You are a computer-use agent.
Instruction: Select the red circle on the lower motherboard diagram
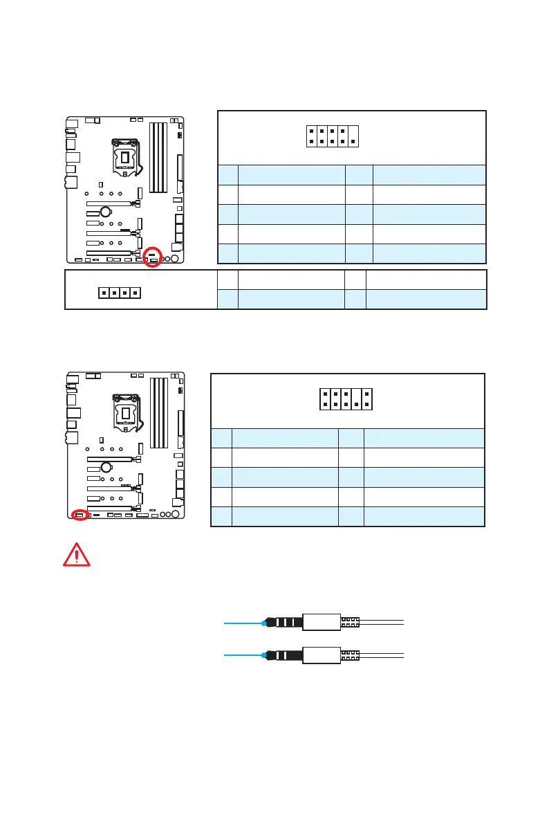coord(81,515)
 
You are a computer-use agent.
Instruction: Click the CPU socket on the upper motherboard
coord(124,157)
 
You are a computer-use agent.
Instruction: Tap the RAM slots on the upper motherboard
coord(159,157)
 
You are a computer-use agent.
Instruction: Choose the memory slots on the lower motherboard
coord(159,412)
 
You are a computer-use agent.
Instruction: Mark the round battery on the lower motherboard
coord(104,466)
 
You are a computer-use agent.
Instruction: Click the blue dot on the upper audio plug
coord(265,623)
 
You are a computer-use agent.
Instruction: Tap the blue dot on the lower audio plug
coord(265,654)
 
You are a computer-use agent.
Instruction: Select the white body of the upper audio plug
coord(321,623)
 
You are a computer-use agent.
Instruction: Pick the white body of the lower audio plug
coord(321,654)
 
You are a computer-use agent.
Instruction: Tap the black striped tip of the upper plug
coord(285,623)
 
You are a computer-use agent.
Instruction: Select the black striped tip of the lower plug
coord(285,654)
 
